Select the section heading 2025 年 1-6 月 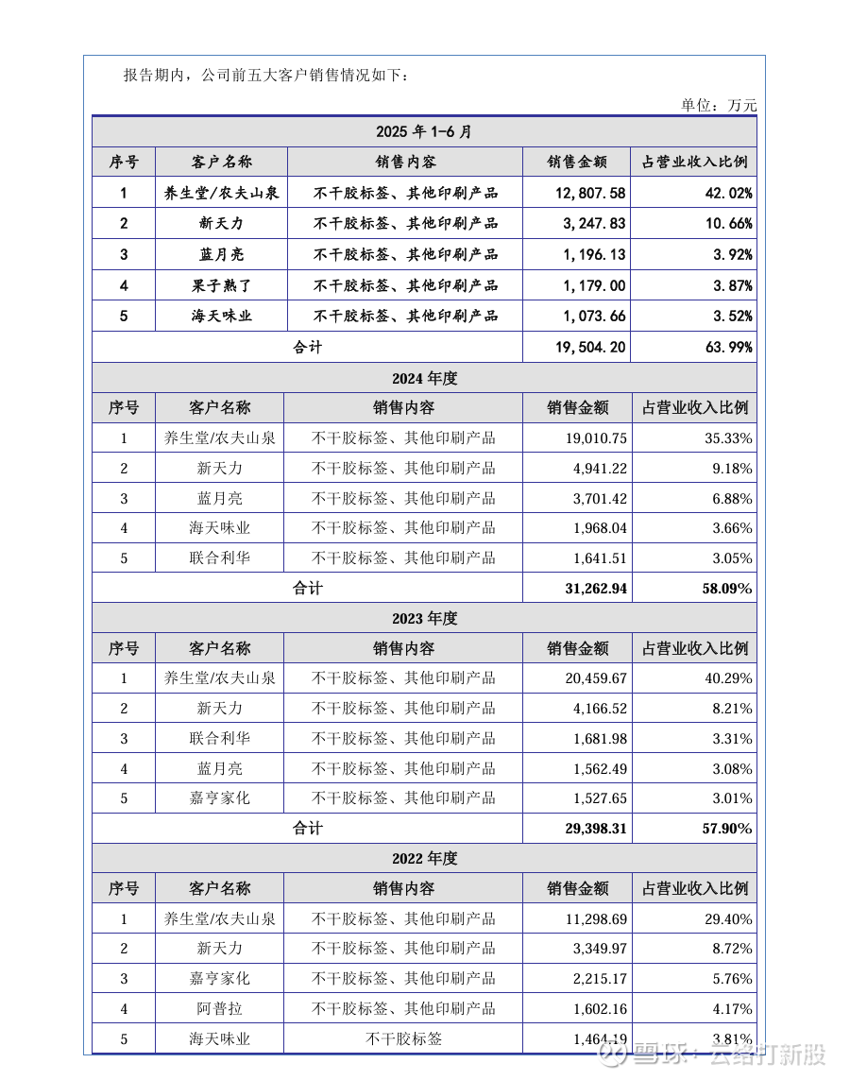(424, 131)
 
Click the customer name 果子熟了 (221, 285)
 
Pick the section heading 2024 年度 (424, 378)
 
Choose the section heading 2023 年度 (424, 618)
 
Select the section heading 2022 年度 (424, 858)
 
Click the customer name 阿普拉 (219, 1009)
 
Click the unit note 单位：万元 (719, 105)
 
